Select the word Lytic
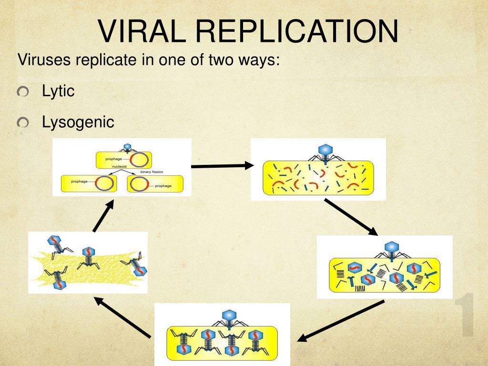[x=58, y=91]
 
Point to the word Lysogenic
[x=78, y=122]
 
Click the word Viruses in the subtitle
[x=44, y=61]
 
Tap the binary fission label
[x=152, y=172]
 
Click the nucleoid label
[x=119, y=166]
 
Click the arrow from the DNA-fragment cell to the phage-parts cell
[x=350, y=216]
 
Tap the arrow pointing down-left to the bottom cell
[x=341, y=320]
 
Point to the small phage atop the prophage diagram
[x=127, y=147]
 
